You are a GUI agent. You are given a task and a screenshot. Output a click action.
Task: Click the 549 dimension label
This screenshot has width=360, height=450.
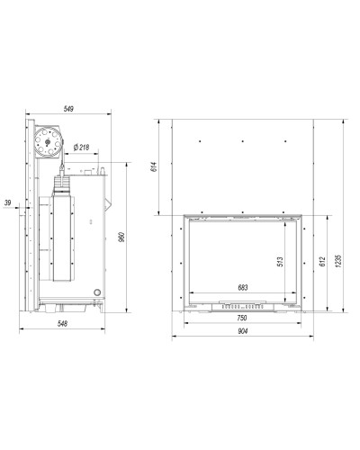(x=68, y=109)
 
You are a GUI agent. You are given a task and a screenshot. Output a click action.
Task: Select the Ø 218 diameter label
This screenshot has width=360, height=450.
(x=81, y=148)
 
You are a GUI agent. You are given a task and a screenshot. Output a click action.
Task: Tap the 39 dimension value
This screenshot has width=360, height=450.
(x=7, y=202)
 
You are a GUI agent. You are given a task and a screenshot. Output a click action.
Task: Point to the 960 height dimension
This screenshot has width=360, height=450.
(x=121, y=237)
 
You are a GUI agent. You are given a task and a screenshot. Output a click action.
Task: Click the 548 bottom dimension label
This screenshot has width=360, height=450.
(x=62, y=324)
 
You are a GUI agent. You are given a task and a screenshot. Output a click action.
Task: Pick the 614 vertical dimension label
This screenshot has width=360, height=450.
(x=154, y=166)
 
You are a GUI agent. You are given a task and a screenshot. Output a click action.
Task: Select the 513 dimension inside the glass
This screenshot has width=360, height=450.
(x=280, y=262)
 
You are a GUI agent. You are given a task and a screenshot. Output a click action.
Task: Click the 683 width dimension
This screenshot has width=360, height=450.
(x=243, y=288)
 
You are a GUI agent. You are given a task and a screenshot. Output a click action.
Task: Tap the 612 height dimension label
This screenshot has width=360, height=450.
(x=322, y=262)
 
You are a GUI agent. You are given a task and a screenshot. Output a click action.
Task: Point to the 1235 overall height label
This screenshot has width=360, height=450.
(x=339, y=261)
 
